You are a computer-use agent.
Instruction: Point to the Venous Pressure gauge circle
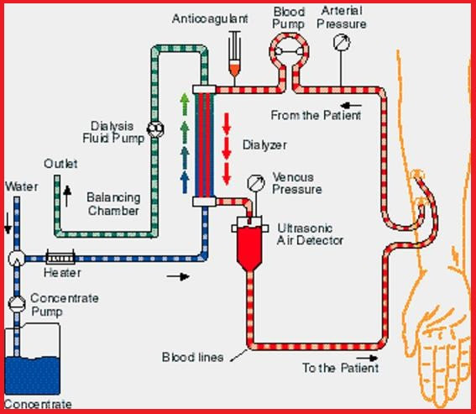coord(253,181)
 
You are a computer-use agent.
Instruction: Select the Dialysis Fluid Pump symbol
coord(154,128)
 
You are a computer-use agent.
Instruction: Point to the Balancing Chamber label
coord(113,204)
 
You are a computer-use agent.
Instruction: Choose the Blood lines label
coord(192,357)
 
